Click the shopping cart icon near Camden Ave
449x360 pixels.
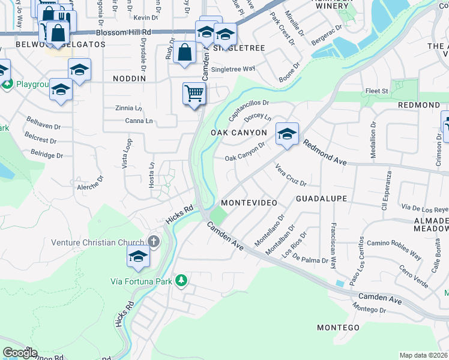194,94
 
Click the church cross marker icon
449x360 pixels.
154,242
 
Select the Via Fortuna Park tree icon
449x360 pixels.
180,280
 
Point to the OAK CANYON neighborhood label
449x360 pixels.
239,132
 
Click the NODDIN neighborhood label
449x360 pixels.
129,79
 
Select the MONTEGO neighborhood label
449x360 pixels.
338,328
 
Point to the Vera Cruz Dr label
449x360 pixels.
291,175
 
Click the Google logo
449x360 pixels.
20,353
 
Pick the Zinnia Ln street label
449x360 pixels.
129,108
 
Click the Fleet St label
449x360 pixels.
378,91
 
